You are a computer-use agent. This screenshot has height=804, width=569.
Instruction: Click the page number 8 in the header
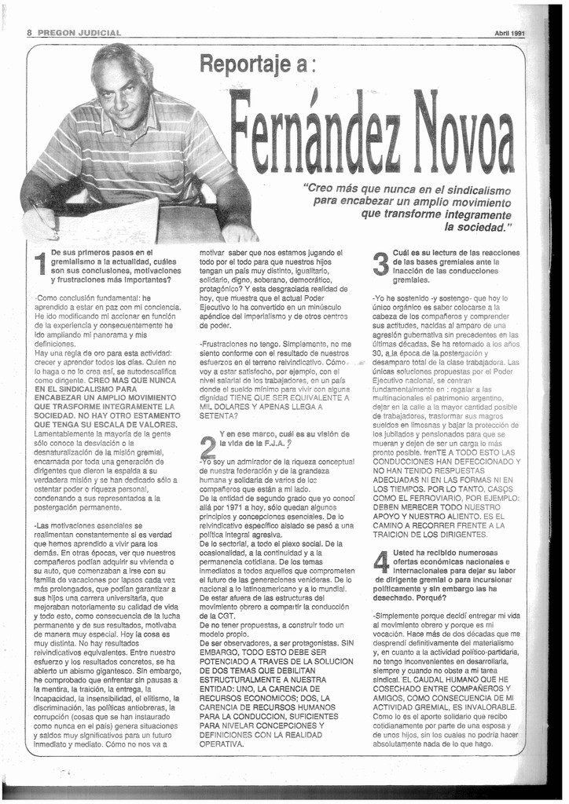[x=29, y=33]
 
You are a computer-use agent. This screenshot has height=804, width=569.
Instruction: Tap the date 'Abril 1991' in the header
[x=509, y=33]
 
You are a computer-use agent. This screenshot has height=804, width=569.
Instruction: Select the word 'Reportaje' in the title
[x=244, y=63]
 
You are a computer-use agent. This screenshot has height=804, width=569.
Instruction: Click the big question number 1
[x=39, y=265]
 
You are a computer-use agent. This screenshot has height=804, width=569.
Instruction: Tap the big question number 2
[x=207, y=447]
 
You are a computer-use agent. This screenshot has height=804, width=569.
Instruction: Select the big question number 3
[x=380, y=264]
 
